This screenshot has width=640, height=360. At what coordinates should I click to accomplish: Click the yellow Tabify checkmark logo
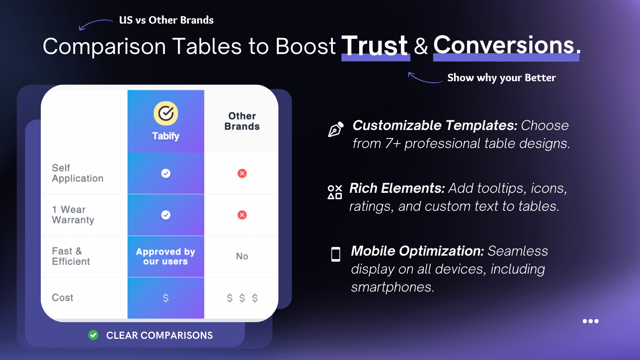166,114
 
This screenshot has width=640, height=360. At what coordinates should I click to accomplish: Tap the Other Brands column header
242,121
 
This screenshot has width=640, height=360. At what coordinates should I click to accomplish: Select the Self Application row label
78,173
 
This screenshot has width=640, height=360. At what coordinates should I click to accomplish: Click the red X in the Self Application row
242,173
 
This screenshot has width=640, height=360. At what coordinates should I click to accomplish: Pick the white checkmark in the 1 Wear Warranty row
166,215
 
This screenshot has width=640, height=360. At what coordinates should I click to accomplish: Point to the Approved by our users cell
166,256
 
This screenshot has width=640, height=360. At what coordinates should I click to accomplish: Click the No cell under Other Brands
242,256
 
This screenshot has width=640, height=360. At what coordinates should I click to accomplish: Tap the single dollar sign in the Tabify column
166,298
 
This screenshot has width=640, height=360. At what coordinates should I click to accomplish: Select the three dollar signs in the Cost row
242,298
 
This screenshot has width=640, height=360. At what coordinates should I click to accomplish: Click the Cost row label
62,298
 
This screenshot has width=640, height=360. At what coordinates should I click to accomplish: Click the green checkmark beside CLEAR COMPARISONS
93,335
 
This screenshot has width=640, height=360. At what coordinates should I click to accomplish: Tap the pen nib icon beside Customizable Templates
336,130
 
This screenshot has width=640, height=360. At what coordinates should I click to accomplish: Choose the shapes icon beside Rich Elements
335,192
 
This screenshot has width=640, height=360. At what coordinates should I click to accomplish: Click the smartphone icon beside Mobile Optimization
336,254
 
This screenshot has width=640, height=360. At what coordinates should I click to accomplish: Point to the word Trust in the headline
374,46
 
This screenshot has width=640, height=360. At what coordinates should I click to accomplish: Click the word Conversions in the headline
504,45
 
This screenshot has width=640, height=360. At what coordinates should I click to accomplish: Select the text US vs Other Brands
166,20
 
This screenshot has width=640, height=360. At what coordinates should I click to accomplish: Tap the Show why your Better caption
502,78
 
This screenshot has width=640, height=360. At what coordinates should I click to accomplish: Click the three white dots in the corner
590,321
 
